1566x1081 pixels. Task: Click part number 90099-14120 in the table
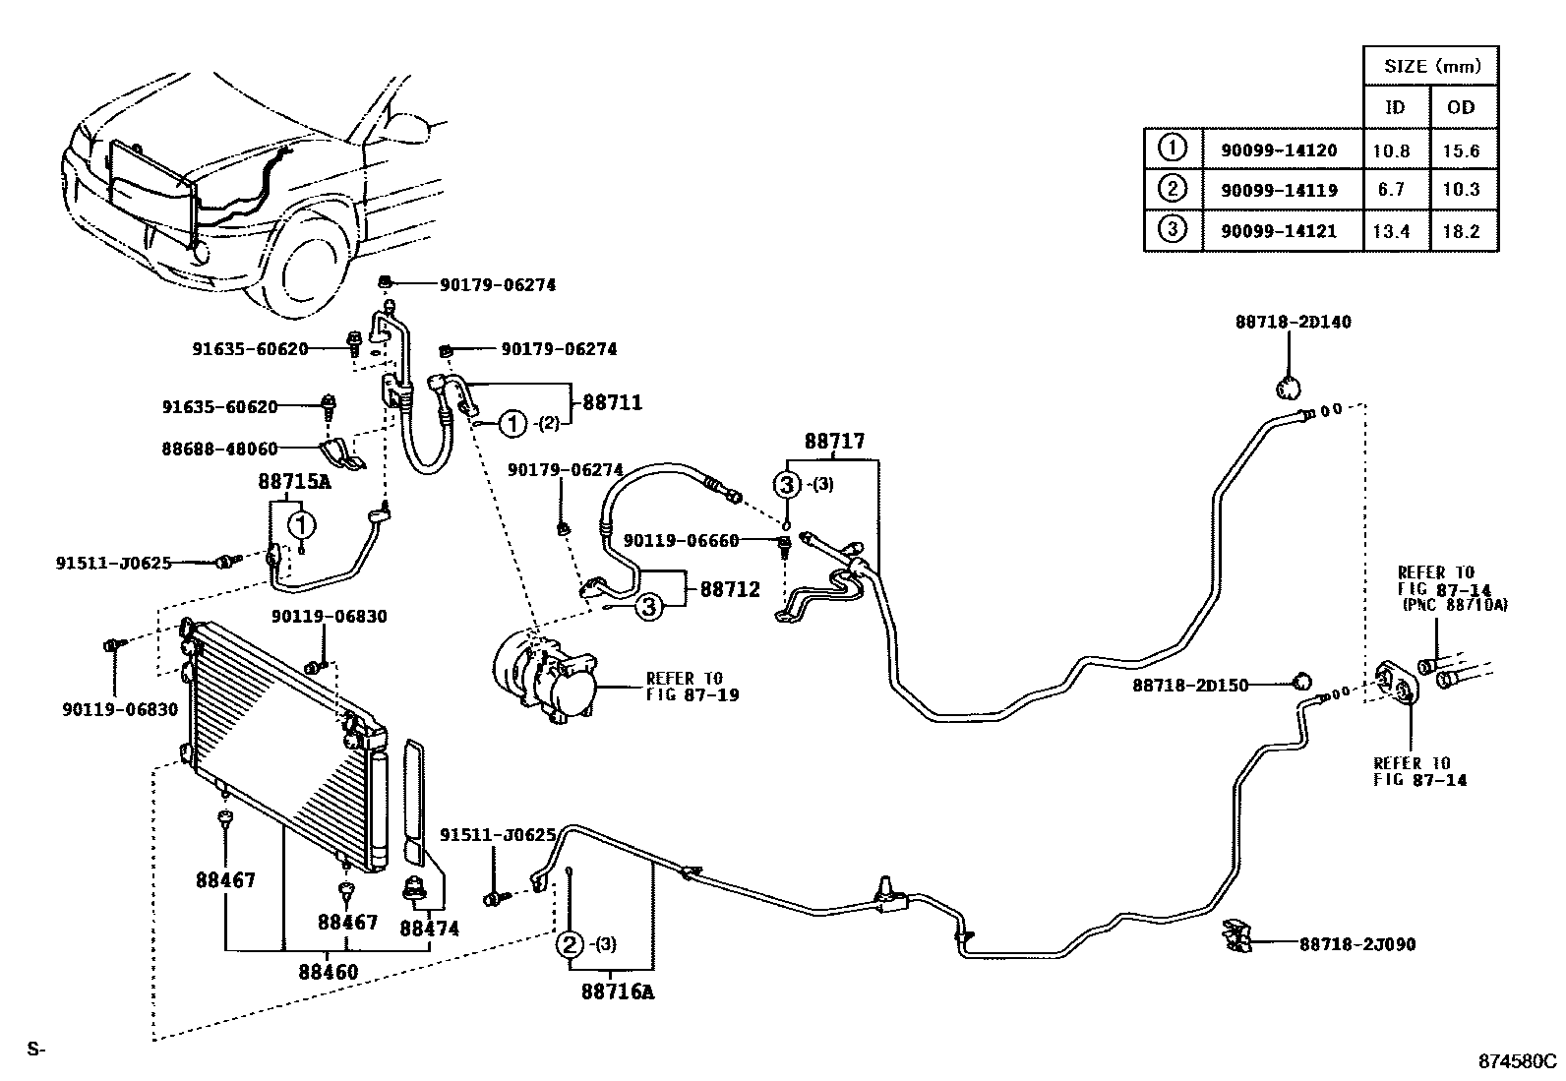[1279, 150]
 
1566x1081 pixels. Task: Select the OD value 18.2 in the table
[1462, 232]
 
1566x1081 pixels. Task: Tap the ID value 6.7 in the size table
[1391, 190]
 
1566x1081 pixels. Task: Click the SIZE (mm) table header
[1431, 67]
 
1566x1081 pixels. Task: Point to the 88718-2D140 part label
[1294, 322]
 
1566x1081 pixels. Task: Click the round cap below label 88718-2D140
[1288, 388]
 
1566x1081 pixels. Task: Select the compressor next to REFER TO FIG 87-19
[547, 678]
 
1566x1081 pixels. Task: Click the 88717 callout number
[834, 442]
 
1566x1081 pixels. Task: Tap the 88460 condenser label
[329, 972]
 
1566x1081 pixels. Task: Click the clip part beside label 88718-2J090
[1235, 937]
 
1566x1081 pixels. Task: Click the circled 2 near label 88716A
[570, 945]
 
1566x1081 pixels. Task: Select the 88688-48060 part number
[219, 449]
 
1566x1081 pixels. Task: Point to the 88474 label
[429, 928]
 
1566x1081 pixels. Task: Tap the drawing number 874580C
[1519, 1061]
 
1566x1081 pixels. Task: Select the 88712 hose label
[730, 589]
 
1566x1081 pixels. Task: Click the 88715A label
[294, 482]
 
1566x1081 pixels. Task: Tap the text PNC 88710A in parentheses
[1455, 605]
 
